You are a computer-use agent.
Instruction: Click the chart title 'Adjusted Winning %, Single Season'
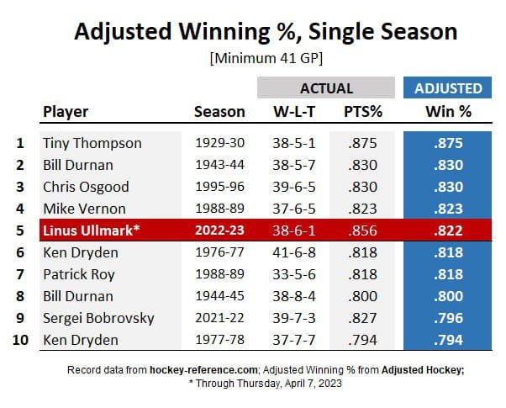[x=266, y=31]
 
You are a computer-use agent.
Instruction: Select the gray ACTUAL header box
[x=326, y=87]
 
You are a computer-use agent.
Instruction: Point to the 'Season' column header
[x=219, y=111]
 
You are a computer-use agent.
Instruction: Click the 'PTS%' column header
[x=361, y=111]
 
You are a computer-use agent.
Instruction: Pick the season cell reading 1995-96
[x=219, y=186]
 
